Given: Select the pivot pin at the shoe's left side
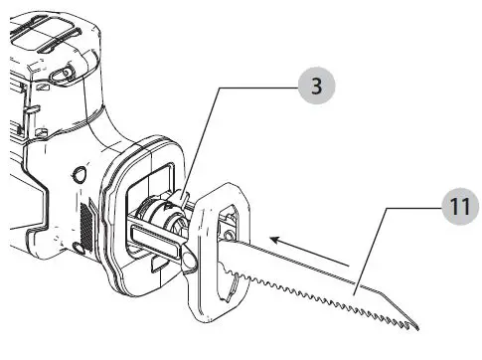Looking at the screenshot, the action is click(190, 260).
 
